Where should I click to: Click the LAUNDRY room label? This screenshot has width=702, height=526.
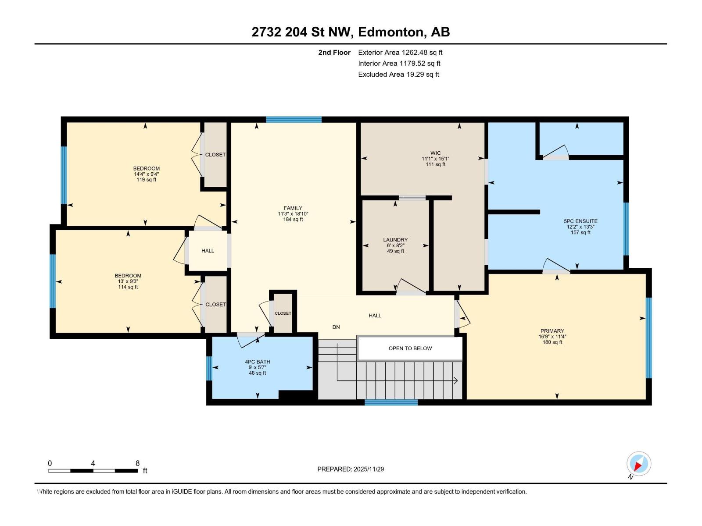pyautogui.click(x=395, y=239)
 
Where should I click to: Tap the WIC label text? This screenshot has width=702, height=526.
pyautogui.click(x=435, y=153)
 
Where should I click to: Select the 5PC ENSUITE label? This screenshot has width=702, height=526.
pyautogui.click(x=580, y=221)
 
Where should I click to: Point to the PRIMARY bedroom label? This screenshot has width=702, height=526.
pyautogui.click(x=552, y=331)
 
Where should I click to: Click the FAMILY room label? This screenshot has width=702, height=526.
pyautogui.click(x=293, y=208)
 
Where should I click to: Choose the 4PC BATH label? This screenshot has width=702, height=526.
pyautogui.click(x=258, y=362)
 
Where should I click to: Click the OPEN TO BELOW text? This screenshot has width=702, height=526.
pyautogui.click(x=410, y=348)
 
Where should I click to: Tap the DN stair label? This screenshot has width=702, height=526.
pyautogui.click(x=336, y=327)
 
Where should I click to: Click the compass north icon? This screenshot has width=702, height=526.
pyautogui.click(x=638, y=463)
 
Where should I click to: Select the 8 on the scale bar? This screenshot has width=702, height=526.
pyautogui.click(x=137, y=463)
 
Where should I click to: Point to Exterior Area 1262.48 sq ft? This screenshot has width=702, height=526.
pyautogui.click(x=400, y=52)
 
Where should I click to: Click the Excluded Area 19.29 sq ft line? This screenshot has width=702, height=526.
pyautogui.click(x=398, y=75)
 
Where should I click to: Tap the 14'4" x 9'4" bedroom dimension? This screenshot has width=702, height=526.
pyautogui.click(x=147, y=174)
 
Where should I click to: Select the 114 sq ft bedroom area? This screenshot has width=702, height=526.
pyautogui.click(x=128, y=287)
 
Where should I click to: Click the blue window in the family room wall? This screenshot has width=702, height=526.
pyautogui.click(x=294, y=119)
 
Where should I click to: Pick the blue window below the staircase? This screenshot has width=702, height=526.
pyautogui.click(x=391, y=402)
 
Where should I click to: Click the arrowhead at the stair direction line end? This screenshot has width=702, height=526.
pyautogui.click(x=456, y=380)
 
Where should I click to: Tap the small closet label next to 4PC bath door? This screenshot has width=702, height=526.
pyautogui.click(x=283, y=313)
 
